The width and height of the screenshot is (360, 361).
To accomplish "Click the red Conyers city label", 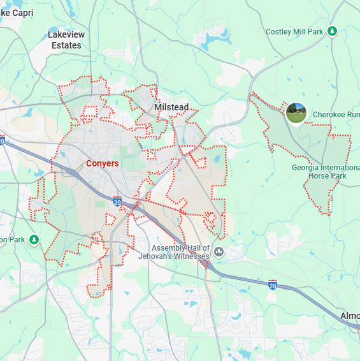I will [102, 164].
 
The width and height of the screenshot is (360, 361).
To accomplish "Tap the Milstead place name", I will [171, 107].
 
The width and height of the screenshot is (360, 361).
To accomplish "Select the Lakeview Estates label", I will [66, 40].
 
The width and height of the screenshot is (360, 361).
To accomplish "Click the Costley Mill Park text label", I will [295, 31].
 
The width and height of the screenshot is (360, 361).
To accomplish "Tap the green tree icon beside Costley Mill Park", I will [331, 31].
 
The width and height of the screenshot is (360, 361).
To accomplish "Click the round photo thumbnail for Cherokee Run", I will [296, 113].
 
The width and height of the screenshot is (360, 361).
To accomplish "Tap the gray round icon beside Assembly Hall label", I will [219, 251].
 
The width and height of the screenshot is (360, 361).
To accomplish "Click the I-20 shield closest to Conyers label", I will [117, 202].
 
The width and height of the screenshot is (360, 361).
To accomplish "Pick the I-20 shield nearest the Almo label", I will [273, 283].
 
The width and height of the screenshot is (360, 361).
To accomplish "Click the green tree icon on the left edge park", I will [34, 240].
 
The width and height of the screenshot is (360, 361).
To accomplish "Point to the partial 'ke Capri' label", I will [17, 13].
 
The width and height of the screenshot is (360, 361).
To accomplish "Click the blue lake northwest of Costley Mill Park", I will [209, 41].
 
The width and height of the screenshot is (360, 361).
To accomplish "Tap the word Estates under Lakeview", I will [66, 45].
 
